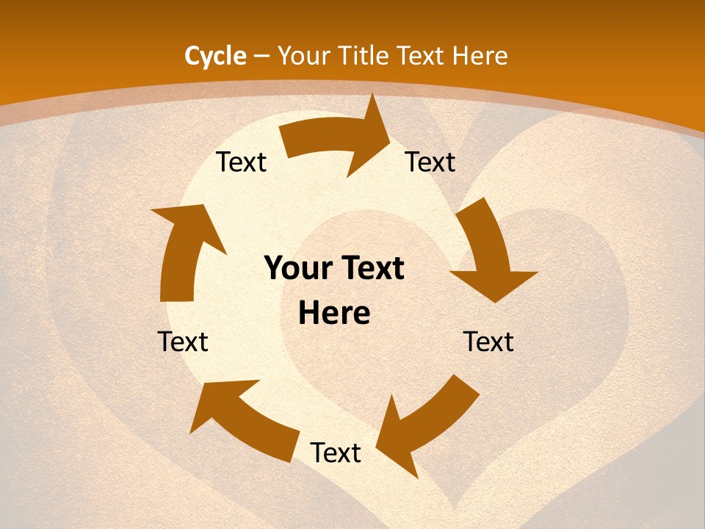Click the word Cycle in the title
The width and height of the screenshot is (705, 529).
215,56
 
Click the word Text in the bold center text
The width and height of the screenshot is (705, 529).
372,269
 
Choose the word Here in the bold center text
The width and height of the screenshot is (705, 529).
334,314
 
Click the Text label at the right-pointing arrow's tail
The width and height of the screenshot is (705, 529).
241,162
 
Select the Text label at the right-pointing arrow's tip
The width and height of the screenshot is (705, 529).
430,162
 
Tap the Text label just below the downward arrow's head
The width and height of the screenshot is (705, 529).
488,342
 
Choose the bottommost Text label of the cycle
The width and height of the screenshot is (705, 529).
336,453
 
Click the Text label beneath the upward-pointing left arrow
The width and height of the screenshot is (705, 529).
183,342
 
